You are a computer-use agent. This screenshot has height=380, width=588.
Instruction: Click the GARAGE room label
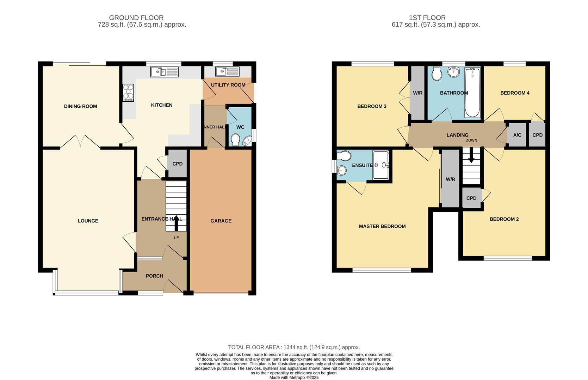coord(221,221)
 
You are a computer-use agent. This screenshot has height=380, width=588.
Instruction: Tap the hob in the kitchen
coord(128,93)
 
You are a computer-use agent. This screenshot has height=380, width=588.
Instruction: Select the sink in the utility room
coord(227,71)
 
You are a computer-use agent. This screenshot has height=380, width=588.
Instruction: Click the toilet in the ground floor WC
coord(235,140)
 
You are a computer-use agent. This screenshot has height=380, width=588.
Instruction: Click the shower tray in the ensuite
coord(380,165)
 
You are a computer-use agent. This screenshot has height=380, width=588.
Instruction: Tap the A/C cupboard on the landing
coord(517,135)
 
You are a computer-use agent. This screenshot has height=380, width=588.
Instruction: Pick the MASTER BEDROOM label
coord(382,227)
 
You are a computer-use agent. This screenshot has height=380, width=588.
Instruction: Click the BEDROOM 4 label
coord(515,93)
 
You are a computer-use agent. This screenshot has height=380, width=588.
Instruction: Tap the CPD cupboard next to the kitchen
coord(177,164)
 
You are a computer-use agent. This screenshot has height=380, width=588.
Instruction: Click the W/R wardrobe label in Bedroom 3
coord(417,93)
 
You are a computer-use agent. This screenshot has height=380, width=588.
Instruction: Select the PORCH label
coord(154,276)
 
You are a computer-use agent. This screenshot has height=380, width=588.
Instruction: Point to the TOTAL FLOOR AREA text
coord(294,347)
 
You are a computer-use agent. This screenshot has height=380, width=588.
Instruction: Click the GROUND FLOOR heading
coord(136,18)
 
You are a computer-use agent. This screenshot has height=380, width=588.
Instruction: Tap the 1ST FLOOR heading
coord(427,18)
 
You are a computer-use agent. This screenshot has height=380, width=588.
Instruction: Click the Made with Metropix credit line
coord(294,378)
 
